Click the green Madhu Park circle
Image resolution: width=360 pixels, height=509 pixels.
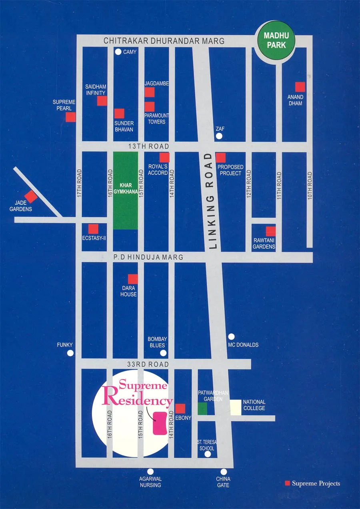275,40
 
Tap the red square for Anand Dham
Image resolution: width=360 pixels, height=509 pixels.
300,87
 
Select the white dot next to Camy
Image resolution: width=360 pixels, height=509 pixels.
118,52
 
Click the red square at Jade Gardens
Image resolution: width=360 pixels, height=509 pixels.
31,196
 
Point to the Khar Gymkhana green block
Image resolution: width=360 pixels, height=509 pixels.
125,190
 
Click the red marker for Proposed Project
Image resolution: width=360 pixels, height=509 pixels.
220,157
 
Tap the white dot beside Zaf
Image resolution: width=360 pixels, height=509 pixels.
219,136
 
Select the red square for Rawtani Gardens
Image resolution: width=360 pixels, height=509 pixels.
271,231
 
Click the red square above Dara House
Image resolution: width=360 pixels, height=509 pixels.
133,279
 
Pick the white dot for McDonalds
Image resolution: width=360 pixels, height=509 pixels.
231,337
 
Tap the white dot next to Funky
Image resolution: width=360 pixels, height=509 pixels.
70,353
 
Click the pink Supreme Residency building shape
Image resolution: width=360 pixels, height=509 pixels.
161,423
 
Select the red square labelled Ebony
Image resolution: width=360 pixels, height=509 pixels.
180,409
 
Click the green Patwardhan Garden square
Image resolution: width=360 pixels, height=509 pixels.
202,409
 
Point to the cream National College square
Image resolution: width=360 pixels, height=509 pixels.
236,407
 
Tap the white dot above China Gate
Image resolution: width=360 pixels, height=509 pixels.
224,472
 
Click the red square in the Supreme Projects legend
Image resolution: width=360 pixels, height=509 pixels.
287,483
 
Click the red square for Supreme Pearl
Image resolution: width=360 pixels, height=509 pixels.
71,117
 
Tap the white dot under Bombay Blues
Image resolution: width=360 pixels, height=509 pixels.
163,353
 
